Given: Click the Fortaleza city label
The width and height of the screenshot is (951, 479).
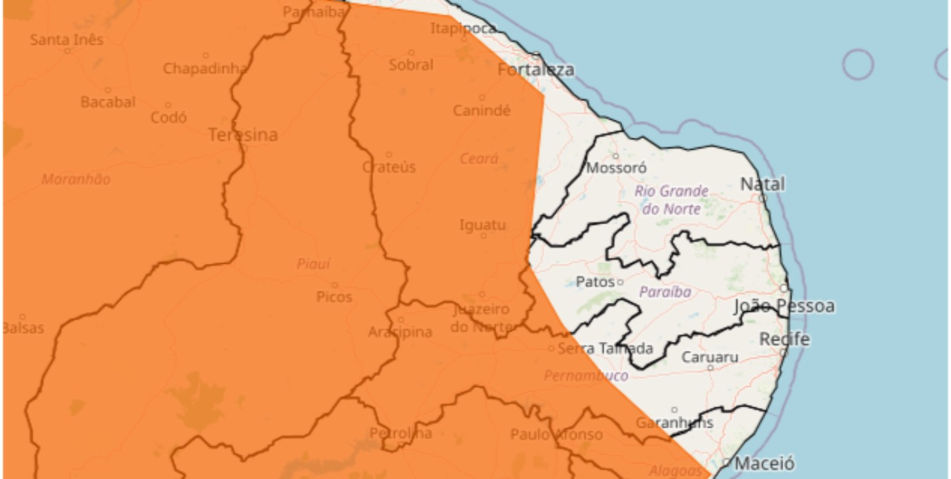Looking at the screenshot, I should (x=535, y=70).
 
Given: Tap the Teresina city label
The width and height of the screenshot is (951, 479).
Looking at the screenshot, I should (x=243, y=135).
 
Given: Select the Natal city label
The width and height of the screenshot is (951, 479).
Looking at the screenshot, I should (x=762, y=184).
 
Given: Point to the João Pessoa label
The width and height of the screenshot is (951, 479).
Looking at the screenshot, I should (x=783, y=306).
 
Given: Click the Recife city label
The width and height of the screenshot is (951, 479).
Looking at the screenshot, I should (x=784, y=340).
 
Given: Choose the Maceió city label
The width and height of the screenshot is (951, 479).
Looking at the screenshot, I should (x=764, y=463).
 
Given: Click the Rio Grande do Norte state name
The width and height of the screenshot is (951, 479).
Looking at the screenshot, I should (x=671, y=199).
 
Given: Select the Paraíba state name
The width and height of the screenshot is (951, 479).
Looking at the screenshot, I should (x=665, y=292).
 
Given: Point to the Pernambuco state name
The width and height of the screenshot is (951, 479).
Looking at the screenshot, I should (x=585, y=376).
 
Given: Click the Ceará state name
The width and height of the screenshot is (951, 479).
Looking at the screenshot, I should (x=479, y=159).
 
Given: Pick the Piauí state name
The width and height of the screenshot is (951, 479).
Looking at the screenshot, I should (x=313, y=264).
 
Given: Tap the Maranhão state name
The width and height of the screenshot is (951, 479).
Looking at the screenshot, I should (x=76, y=180).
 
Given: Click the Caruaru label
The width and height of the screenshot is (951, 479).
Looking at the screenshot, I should (x=709, y=357).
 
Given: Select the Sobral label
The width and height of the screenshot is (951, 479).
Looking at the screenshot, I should (x=411, y=65).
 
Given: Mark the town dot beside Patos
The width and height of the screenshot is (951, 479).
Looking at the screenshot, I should (x=620, y=282).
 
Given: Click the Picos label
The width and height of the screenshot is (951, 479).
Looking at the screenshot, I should (x=334, y=297).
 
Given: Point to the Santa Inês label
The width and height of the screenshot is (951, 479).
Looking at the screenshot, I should (x=66, y=40).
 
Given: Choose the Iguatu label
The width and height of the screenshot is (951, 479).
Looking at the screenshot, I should (x=482, y=226).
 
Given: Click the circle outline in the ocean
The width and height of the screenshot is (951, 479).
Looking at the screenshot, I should (x=858, y=65).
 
